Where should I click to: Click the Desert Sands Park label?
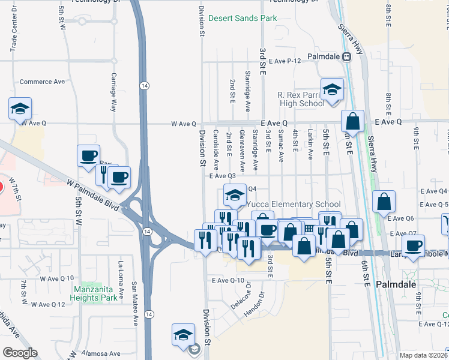pyautogui.click(x=243, y=18)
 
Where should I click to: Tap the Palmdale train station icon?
pyautogui.click(x=346, y=56)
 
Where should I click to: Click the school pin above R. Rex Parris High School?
pyautogui.click(x=331, y=89)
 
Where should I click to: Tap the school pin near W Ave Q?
pyautogui.click(x=20, y=109)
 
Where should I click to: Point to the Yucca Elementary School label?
pyautogui.click(x=294, y=204)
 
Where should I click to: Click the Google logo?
pyautogui.click(x=20, y=353)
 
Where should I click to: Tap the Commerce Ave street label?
pyautogui.click(x=42, y=82)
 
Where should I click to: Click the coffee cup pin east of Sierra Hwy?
pyautogui.click(x=413, y=245)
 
